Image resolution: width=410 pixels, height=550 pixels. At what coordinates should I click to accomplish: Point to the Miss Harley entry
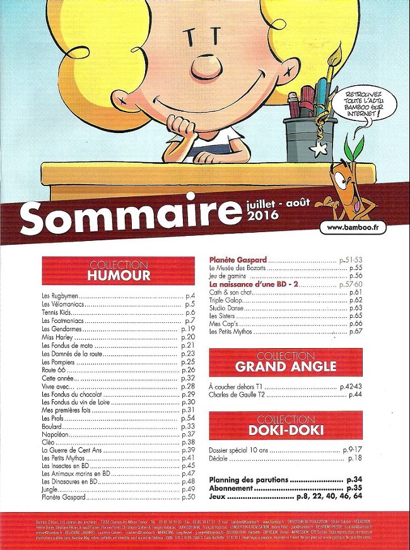coord(56,337)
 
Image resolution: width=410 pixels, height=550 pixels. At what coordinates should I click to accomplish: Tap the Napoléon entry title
coord(55,435)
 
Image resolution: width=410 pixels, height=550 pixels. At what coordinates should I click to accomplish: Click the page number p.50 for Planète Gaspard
coord(188,498)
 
